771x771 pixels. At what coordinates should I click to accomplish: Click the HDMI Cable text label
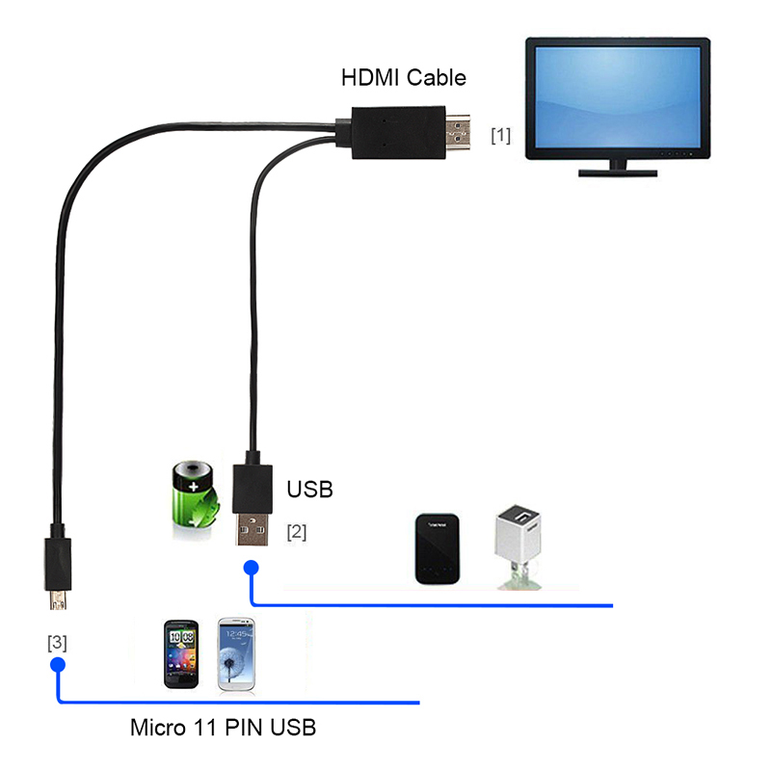pos(403,77)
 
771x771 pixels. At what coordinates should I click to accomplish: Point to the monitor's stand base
pos(617,172)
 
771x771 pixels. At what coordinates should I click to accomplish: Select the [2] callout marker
pos(296,531)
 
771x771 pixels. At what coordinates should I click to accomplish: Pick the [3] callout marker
pos(57,643)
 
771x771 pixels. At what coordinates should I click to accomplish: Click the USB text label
pos(309,490)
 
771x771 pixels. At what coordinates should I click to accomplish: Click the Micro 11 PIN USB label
pos(223,728)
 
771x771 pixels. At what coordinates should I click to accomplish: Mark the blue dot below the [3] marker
pos(57,664)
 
